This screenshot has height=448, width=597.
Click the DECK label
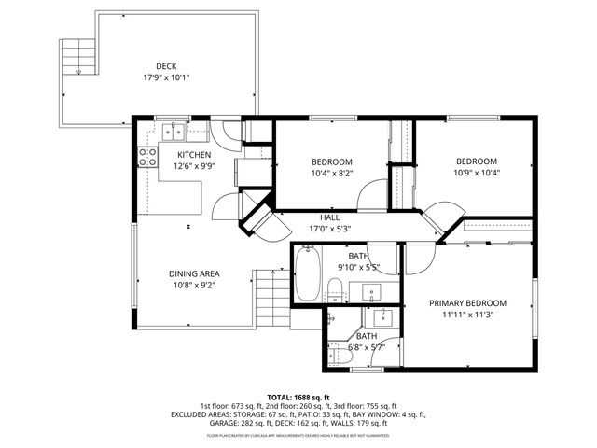(166, 65)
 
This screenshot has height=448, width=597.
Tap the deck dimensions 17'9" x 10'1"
(166, 77)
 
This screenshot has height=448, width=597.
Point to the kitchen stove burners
(146, 156)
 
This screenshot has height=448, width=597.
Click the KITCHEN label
(194, 154)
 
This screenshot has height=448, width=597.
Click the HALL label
(329, 217)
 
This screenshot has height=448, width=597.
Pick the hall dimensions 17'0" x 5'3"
(329, 229)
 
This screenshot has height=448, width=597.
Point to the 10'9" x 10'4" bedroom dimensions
(475, 173)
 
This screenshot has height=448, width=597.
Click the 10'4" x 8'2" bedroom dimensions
(331, 173)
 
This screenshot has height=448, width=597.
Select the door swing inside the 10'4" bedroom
(373, 191)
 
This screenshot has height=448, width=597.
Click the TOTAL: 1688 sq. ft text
(298, 397)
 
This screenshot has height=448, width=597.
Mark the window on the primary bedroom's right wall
(535, 308)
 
